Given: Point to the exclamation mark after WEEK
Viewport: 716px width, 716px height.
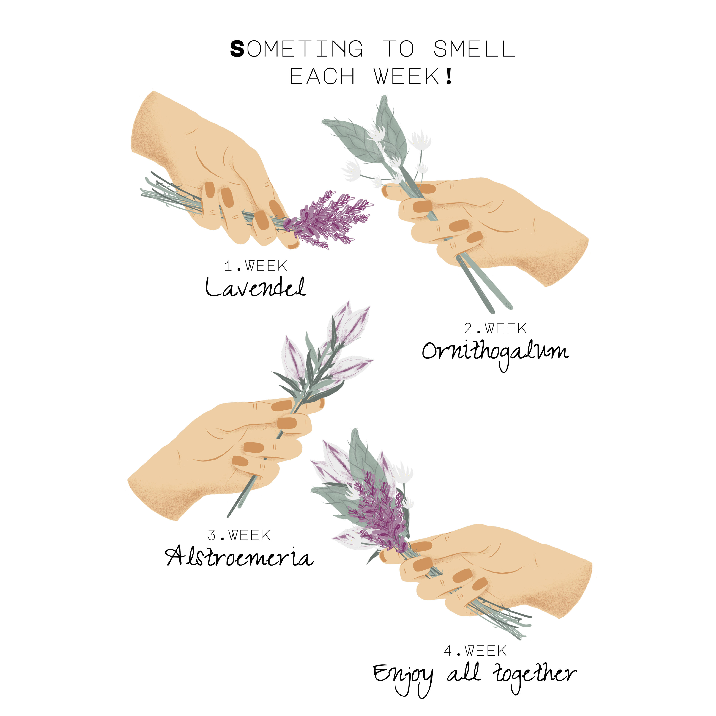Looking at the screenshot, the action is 449,76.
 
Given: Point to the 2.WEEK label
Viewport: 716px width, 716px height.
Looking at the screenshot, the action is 495,328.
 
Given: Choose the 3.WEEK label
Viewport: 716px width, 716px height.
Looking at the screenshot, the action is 239,535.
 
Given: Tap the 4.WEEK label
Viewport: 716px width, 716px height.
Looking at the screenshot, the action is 475,651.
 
